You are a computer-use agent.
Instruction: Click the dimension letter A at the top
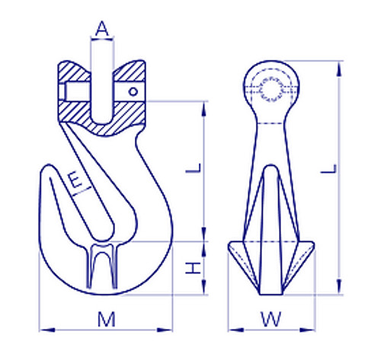click(102, 30)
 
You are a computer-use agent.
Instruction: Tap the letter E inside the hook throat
click(75, 180)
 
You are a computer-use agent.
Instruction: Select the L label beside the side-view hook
click(194, 166)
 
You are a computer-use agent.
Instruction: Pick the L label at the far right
click(327, 172)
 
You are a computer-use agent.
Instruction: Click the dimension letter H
click(194, 267)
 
